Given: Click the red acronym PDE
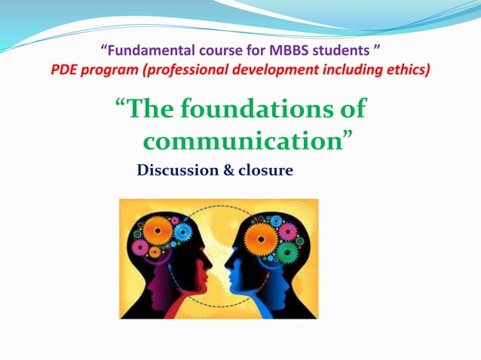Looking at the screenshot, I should coord(68,72).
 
